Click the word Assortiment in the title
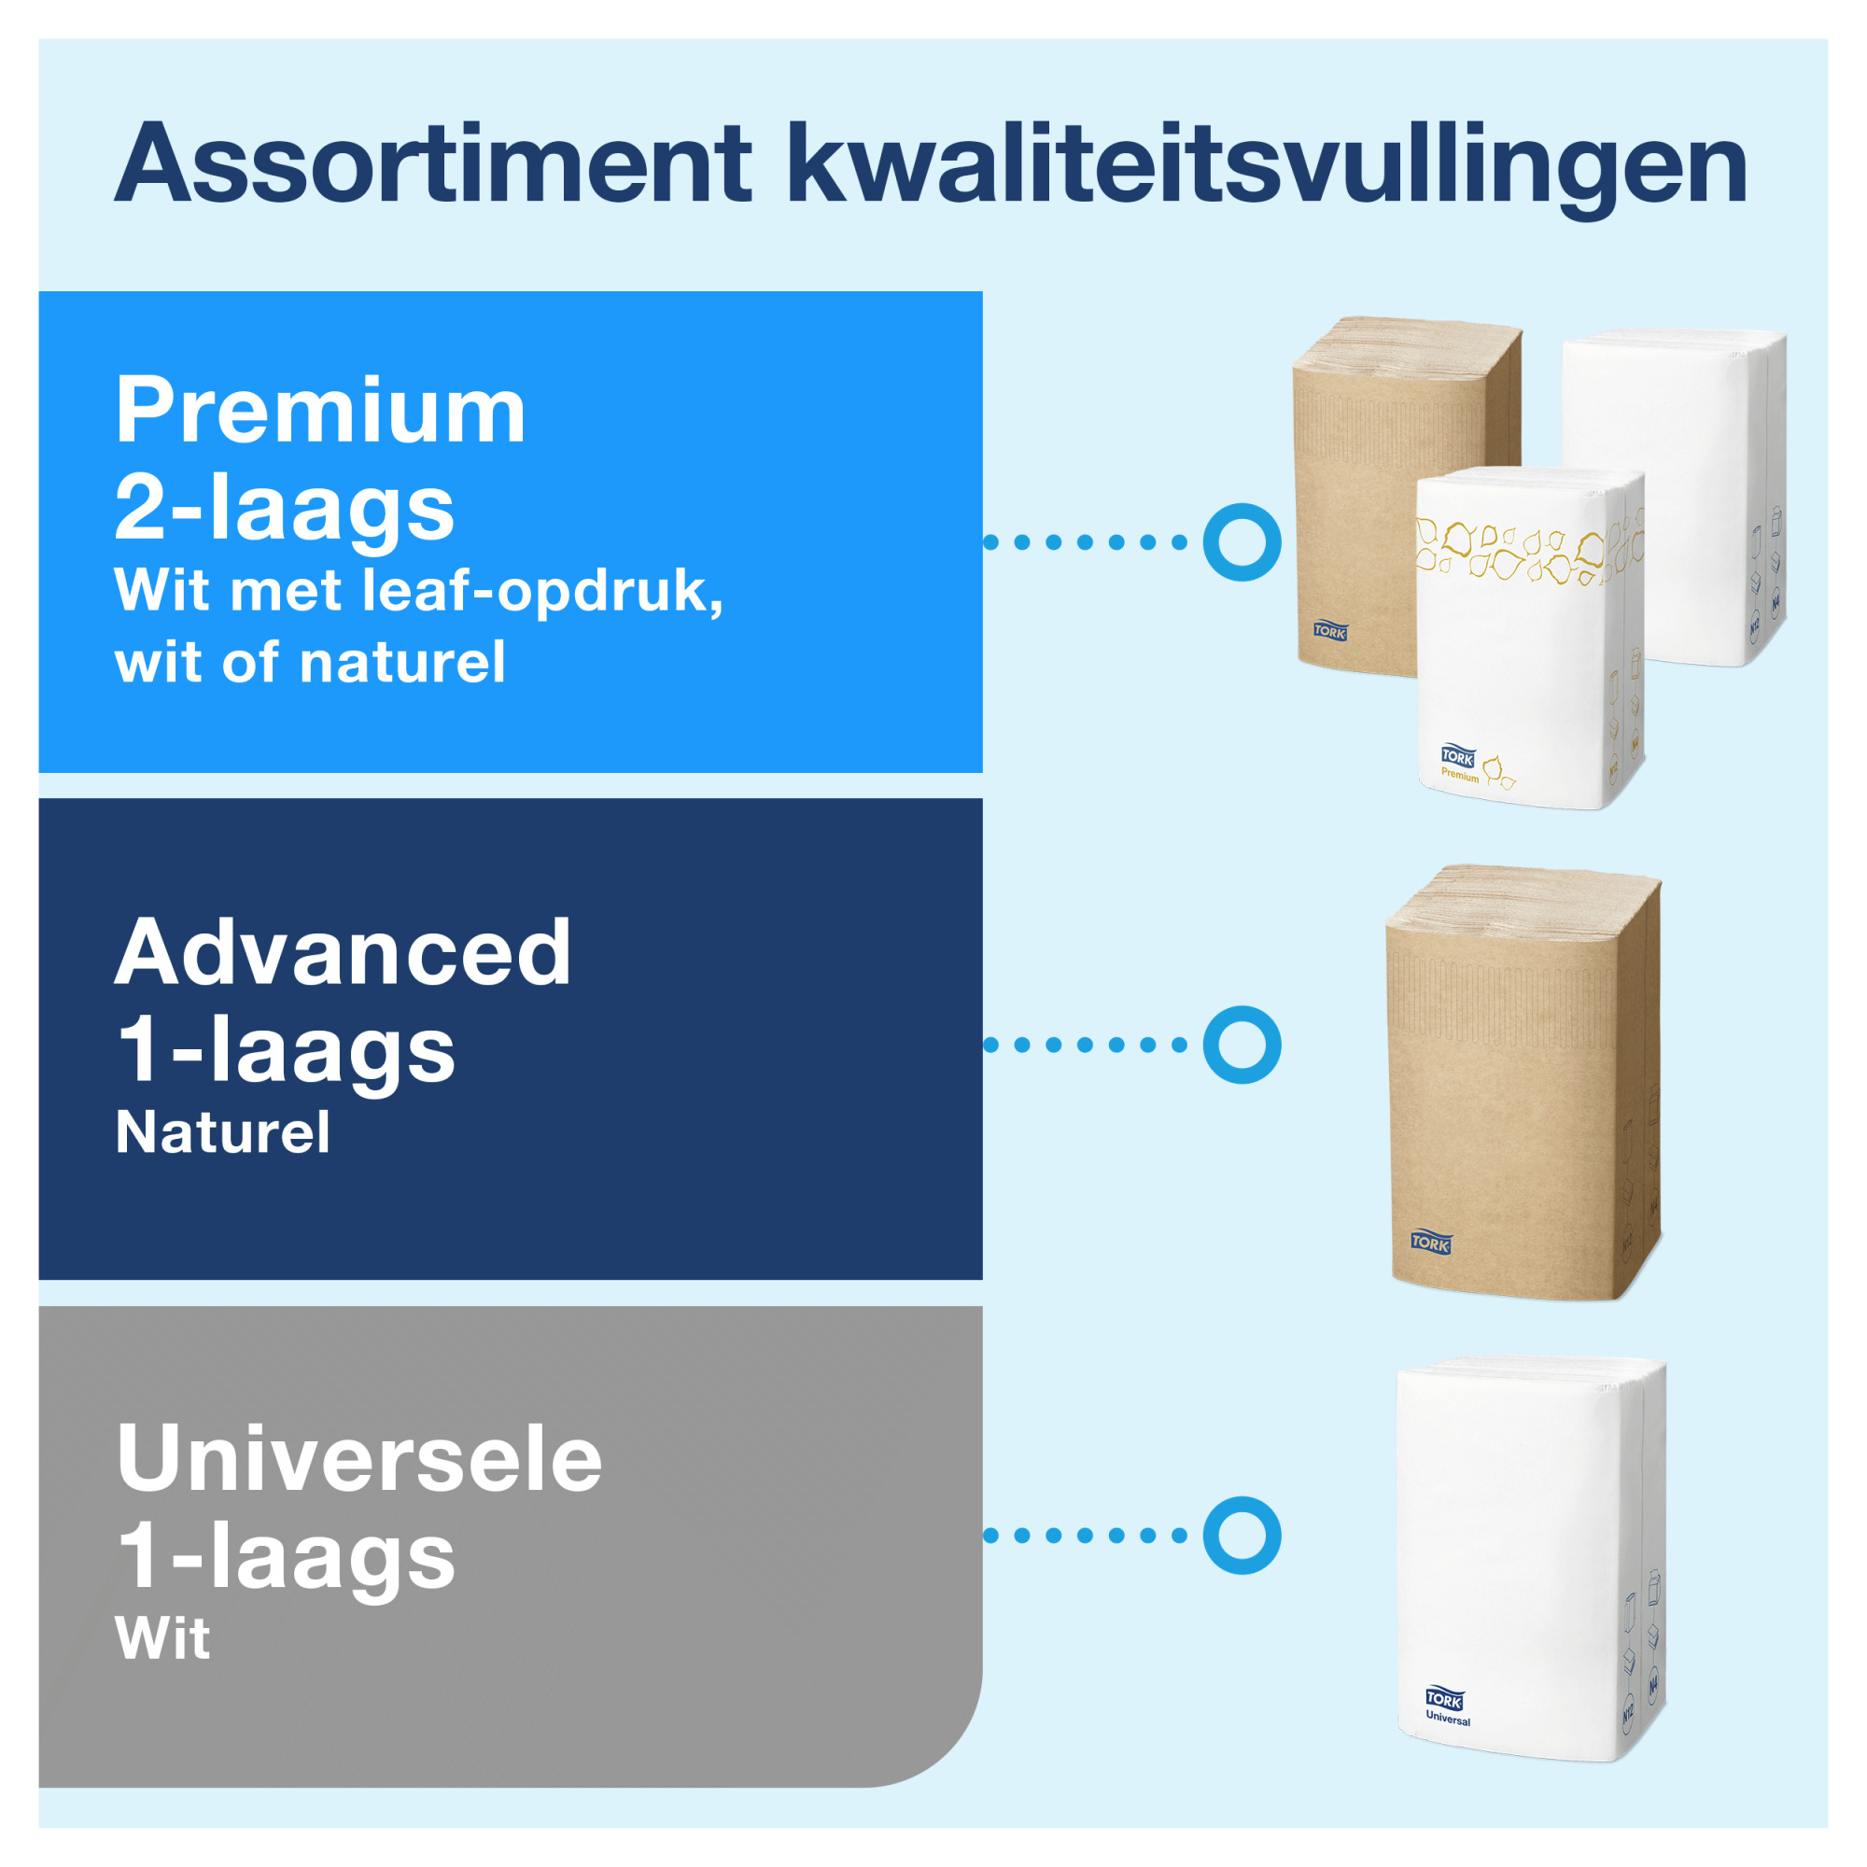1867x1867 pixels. [432, 163]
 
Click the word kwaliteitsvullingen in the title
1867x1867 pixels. [1267, 169]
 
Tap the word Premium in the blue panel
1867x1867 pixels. [320, 411]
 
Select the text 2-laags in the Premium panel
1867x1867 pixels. [284, 506]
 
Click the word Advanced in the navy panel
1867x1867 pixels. [343, 952]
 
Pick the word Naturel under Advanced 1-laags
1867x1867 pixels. [222, 1131]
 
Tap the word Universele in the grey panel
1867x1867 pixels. [358, 1458]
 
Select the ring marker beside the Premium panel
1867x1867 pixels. [1242, 542]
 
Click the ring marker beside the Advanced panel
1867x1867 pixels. [1242, 1045]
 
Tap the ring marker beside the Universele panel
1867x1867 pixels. [1242, 1536]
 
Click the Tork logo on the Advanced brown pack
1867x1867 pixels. [1431, 1242]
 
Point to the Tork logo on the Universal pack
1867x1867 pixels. [1445, 1698]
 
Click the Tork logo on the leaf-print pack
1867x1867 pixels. [1458, 757]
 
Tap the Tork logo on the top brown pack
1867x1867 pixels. [1330, 631]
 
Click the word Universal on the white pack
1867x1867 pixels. [1449, 1720]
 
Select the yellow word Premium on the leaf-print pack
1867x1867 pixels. [1460, 775]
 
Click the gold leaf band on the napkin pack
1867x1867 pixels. [1529, 552]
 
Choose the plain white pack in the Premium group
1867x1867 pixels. [1675, 498]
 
